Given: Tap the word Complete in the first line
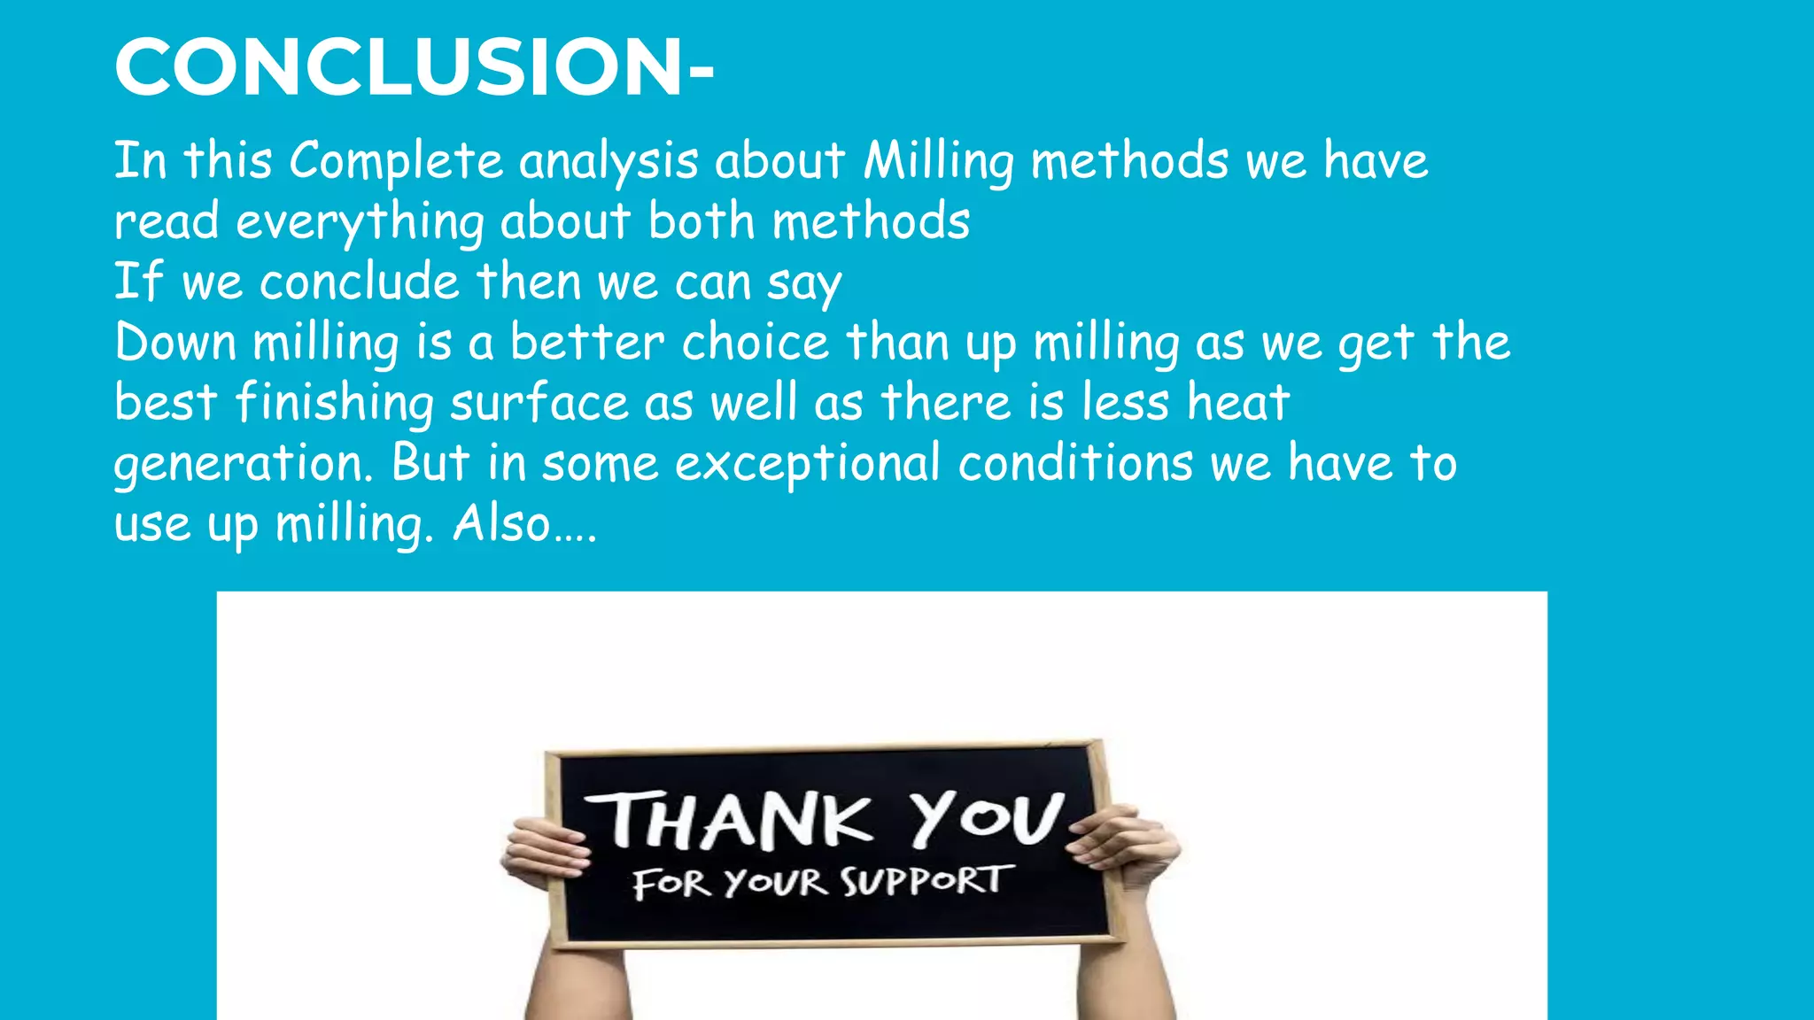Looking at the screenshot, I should point(396,161).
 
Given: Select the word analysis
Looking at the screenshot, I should point(609,161).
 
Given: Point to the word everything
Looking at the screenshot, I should point(360,221).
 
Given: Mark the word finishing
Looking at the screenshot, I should point(334,403).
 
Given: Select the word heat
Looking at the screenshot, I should point(1238,403).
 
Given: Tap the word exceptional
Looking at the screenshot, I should point(807,463).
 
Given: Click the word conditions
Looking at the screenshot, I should point(1075,463).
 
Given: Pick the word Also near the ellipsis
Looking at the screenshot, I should point(502,523).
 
